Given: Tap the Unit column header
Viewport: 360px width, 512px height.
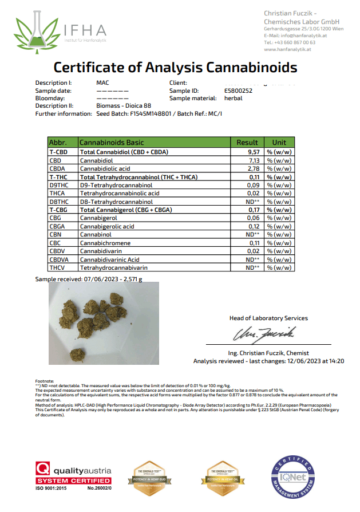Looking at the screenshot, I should [x=279, y=142].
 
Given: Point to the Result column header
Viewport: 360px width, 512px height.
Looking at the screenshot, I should [x=248, y=142].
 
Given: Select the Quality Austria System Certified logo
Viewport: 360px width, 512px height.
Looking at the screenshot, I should [x=73, y=473].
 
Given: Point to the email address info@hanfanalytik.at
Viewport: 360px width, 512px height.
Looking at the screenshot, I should [x=295, y=36].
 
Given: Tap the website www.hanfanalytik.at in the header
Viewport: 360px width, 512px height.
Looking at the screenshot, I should [x=287, y=49].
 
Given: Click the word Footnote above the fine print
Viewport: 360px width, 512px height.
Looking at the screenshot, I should [x=45, y=381].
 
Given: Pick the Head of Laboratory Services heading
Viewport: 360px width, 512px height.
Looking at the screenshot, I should [x=268, y=318].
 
